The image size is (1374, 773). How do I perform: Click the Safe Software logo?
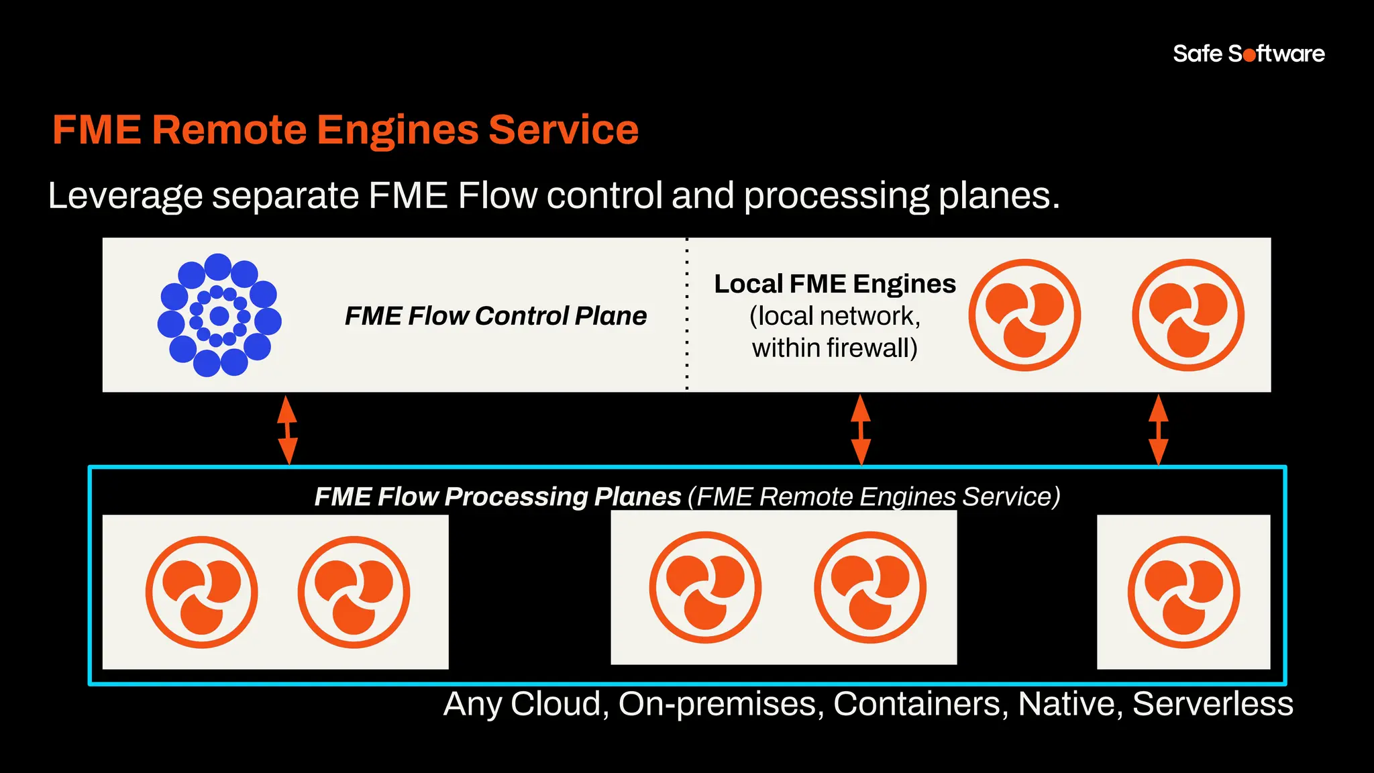click(1249, 54)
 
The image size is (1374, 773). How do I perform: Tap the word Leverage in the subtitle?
click(125, 196)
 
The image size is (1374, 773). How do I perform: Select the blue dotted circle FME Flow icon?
click(219, 315)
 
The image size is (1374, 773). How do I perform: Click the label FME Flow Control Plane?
click(495, 315)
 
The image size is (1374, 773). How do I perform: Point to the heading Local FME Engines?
click(835, 284)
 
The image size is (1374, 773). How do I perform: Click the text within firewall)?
click(835, 348)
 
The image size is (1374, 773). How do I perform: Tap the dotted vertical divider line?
click(687, 315)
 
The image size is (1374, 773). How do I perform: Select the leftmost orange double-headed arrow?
click(287, 429)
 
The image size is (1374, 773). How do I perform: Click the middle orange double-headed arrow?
click(861, 429)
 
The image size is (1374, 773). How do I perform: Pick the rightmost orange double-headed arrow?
click(1159, 429)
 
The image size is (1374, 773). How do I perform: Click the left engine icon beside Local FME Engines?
click(1024, 315)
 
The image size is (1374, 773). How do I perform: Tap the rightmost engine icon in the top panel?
click(1188, 315)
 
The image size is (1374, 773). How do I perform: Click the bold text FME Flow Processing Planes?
click(498, 497)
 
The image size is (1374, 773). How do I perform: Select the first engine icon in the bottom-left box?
click(202, 592)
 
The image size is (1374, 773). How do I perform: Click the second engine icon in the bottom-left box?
click(354, 592)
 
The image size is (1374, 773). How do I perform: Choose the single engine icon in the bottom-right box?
click(1183, 592)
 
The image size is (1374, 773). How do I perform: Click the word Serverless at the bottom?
click(1213, 704)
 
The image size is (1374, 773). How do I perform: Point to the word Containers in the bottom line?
click(920, 704)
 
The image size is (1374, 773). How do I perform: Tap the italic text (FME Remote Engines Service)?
click(874, 497)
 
